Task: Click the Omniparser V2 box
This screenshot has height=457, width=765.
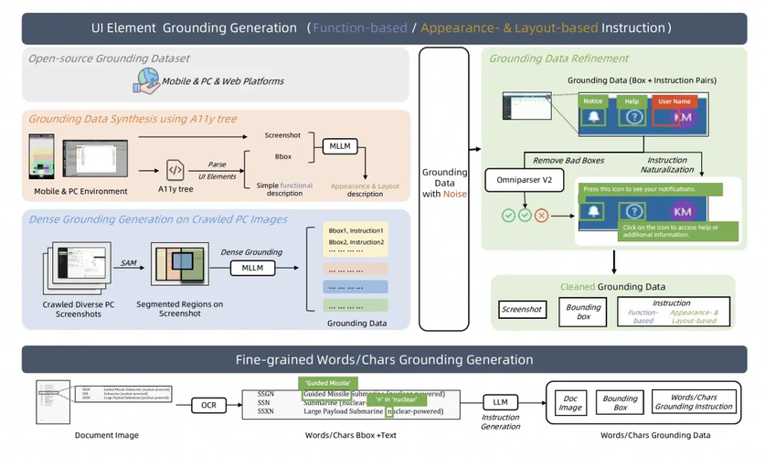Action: [518, 180]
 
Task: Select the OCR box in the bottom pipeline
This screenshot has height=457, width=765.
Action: [208, 404]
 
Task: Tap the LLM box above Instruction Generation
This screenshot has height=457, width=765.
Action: [500, 402]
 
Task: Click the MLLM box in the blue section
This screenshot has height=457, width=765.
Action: [252, 269]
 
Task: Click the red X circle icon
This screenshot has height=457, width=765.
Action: [541, 216]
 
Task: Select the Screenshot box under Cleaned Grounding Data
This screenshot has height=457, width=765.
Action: [522, 310]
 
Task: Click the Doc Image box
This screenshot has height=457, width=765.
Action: [571, 403]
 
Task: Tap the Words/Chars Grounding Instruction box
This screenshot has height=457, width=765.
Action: [694, 403]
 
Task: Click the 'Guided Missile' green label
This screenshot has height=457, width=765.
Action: [325, 383]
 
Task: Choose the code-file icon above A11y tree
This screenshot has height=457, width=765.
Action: [175, 170]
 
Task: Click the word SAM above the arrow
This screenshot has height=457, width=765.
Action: [128, 262]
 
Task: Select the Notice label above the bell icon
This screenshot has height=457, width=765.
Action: [593, 101]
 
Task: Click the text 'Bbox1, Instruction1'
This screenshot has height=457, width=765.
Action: [355, 229]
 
